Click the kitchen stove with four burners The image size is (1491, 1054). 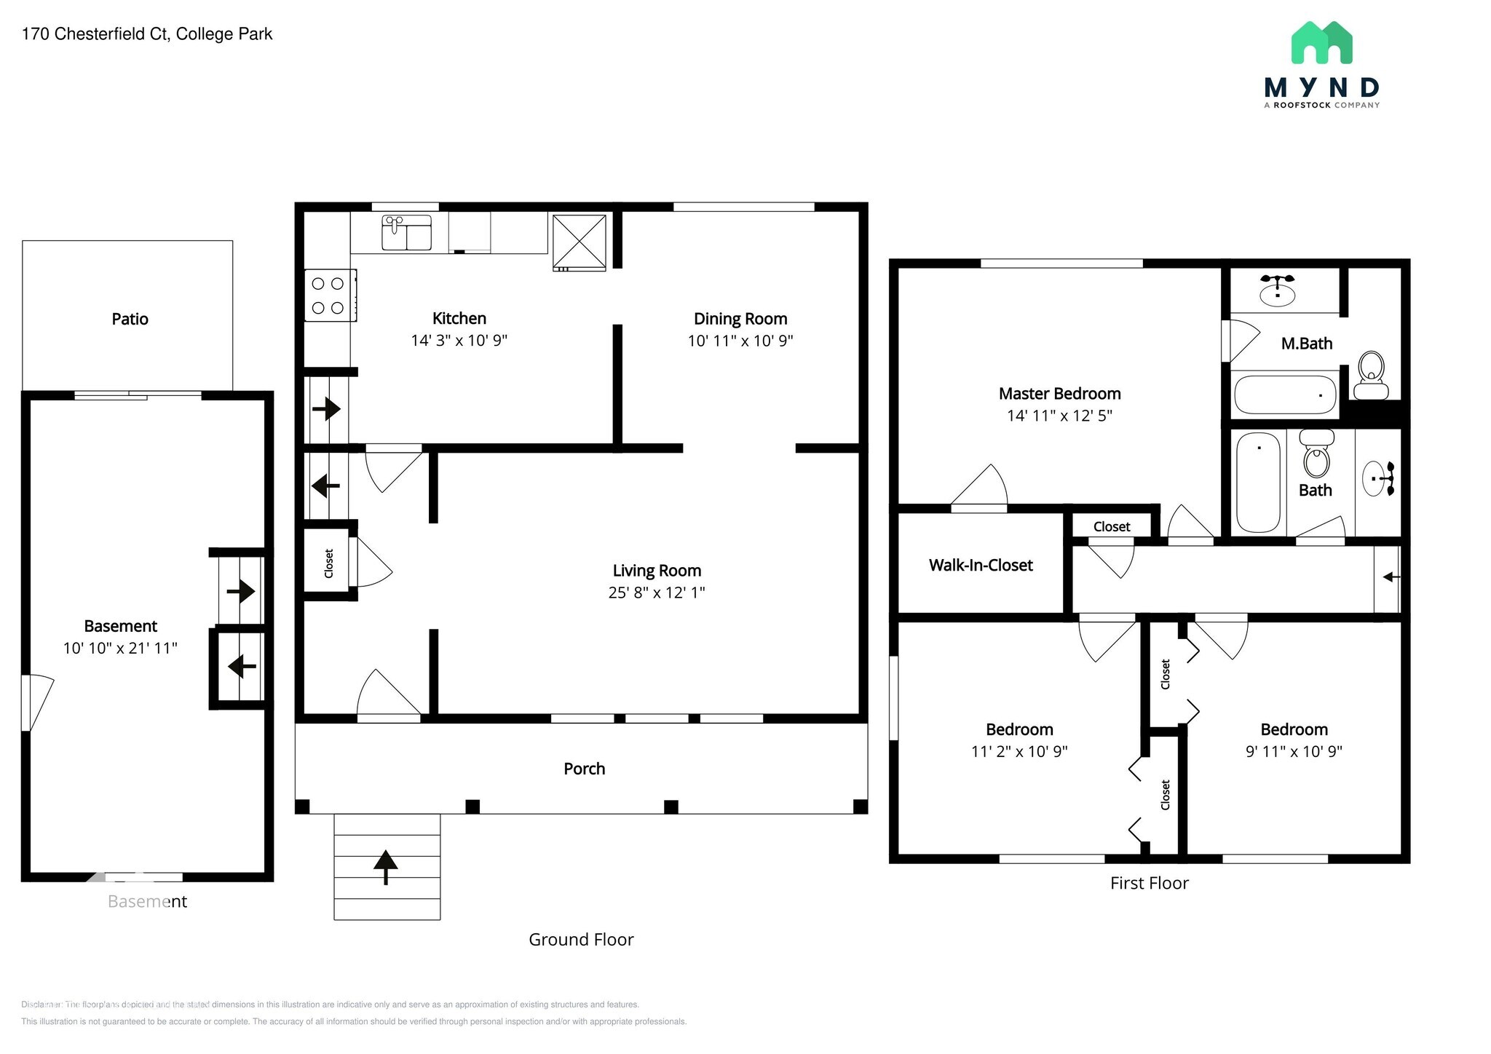330,296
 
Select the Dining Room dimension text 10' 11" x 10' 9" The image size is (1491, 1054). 740,341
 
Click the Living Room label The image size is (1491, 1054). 657,571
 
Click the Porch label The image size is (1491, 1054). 584,769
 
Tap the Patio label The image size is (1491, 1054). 130,319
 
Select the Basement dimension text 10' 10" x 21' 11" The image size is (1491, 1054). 120,648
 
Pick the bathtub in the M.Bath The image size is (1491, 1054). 1285,395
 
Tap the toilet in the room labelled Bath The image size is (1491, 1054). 1316,454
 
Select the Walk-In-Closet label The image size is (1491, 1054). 980,565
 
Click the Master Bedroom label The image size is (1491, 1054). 1059,394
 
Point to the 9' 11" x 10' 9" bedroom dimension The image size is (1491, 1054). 1293,751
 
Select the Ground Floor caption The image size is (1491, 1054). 581,940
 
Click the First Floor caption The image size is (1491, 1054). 1149,883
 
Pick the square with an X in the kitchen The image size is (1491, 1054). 579,242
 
